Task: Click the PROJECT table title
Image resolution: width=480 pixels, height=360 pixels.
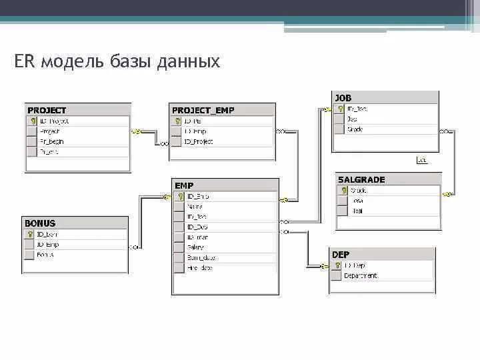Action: (47, 110)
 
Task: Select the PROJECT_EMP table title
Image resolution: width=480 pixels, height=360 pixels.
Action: (203, 110)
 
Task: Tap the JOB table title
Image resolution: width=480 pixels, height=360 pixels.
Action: (343, 98)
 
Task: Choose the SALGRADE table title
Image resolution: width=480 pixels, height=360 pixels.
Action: (361, 179)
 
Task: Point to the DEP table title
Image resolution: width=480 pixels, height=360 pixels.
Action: (341, 255)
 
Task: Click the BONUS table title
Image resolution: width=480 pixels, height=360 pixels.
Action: (40, 223)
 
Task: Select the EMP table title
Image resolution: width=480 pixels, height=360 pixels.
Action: (184, 185)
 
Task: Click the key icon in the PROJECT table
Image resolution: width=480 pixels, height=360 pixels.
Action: (32, 121)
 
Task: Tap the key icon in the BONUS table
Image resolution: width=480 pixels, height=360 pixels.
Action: (29, 234)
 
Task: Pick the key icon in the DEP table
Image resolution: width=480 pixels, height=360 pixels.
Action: (337, 265)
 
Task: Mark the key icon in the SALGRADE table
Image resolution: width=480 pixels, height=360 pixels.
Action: (343, 190)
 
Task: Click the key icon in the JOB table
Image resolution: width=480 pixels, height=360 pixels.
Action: (339, 109)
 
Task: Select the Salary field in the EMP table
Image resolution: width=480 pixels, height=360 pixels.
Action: (197, 247)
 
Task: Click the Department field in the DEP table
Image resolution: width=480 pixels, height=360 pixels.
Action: (361, 275)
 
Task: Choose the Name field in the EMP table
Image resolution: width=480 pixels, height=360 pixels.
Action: (195, 207)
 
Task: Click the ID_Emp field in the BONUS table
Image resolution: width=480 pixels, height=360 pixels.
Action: (48, 245)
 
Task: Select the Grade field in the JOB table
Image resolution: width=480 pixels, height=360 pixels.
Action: (355, 129)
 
